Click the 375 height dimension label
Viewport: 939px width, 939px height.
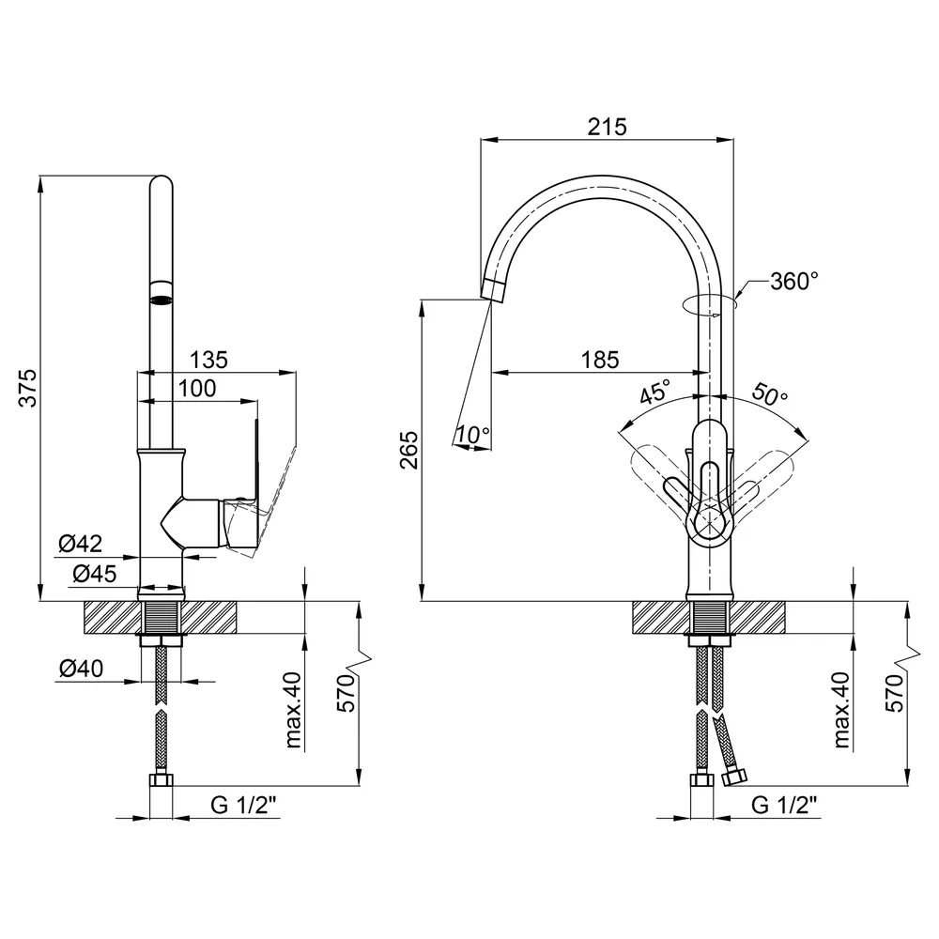pos(28,389)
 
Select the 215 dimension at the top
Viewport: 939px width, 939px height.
pos(607,127)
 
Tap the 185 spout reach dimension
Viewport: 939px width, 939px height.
pos(600,360)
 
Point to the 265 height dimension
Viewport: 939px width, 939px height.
pos(409,450)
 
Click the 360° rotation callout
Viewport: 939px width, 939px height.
pos(794,280)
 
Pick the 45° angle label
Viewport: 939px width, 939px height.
pos(654,393)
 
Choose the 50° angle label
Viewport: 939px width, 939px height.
pos(769,393)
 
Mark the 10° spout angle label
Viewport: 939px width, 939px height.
pos(473,434)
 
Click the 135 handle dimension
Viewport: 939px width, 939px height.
pos(209,360)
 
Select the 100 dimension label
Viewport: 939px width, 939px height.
pos(197,389)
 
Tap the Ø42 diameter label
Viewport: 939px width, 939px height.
pos(81,544)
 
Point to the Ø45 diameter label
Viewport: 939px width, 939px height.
pos(95,574)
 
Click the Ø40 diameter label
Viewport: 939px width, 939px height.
pos(82,668)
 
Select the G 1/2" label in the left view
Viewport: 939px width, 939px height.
pos(245,806)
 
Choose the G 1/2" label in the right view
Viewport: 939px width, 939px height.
pos(784,806)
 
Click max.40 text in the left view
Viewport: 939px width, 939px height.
pos(293,710)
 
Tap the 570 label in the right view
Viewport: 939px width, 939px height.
pos(894,693)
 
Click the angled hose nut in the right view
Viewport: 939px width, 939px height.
pos(734,778)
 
